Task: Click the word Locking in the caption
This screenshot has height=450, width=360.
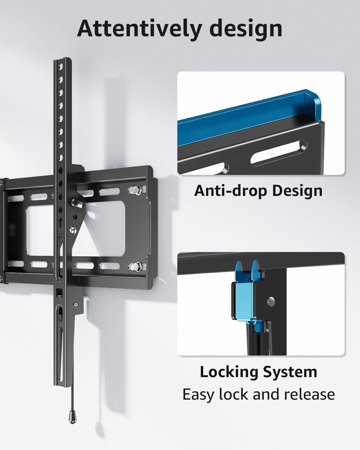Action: click(x=229, y=372)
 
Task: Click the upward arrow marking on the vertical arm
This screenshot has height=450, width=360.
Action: click(x=60, y=222)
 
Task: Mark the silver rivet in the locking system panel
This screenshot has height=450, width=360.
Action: click(x=272, y=300)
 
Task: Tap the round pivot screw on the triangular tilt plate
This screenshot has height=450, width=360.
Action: click(x=72, y=230)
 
